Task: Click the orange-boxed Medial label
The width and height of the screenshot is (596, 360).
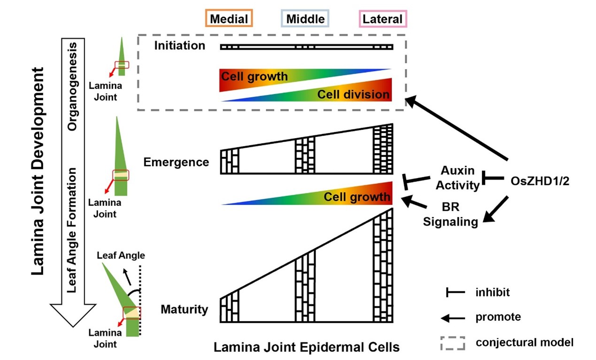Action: click(x=229, y=19)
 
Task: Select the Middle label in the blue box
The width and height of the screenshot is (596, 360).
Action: click(x=305, y=19)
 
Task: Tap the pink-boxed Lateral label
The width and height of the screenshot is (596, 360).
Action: click(x=382, y=19)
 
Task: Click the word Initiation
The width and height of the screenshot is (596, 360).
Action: click(x=180, y=46)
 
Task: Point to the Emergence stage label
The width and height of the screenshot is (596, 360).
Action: click(x=176, y=162)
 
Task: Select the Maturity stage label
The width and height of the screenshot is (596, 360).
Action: click(x=184, y=309)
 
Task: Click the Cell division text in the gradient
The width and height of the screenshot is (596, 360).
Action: click(x=353, y=94)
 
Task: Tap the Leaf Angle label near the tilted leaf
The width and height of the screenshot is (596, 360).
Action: click(x=121, y=256)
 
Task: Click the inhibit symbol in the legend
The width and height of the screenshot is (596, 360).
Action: click(x=452, y=292)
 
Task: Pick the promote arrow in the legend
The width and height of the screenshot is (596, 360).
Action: click(x=452, y=318)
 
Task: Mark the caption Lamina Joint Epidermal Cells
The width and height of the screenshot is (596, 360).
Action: click(x=306, y=348)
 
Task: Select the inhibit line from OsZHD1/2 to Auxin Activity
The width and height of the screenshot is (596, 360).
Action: click(x=493, y=179)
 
